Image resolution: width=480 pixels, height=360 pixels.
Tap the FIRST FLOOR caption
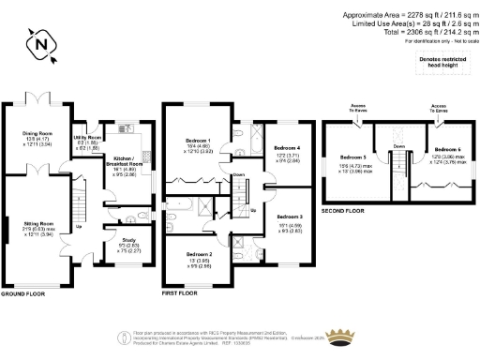(x=182, y=293)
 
